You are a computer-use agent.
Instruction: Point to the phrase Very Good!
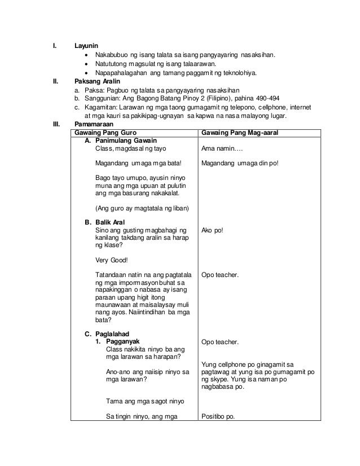[x=112, y=261]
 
